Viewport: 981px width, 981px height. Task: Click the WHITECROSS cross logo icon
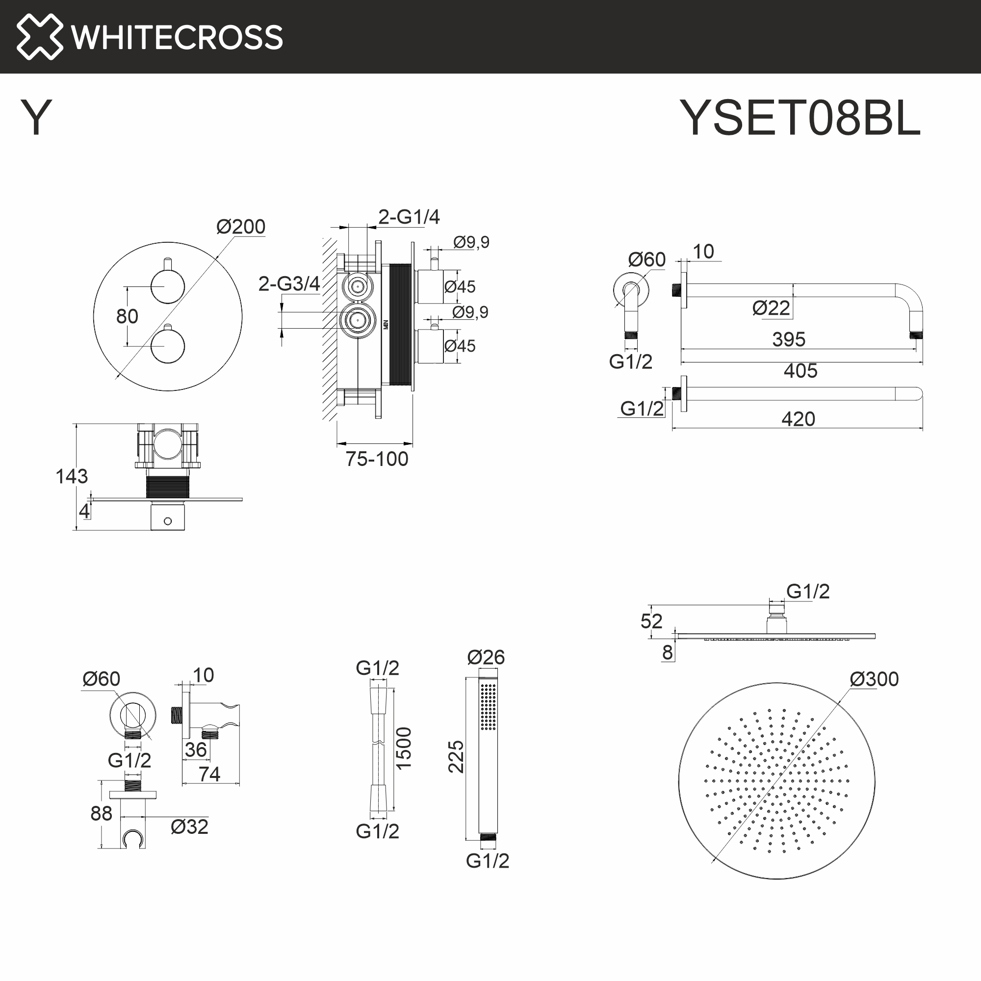40,37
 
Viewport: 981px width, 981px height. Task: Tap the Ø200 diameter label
241,227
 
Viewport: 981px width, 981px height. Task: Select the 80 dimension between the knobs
127,316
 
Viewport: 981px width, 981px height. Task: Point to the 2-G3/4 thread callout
289,284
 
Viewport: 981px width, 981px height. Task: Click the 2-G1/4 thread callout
409,217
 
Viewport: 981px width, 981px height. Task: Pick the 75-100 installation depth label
377,459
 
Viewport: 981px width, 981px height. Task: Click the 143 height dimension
72,476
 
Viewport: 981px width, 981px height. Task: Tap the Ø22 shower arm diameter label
771,308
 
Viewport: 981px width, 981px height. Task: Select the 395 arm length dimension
789,339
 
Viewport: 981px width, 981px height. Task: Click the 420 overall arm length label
798,419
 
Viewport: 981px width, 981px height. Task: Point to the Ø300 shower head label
874,679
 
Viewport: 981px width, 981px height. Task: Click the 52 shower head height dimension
651,621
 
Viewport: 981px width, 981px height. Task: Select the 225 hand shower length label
456,756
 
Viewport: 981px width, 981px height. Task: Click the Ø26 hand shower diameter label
486,658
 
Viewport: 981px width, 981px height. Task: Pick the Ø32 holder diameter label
189,826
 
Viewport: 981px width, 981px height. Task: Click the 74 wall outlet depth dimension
209,774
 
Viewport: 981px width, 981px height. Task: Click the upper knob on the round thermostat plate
168,287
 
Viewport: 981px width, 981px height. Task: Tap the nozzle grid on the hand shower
488,706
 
